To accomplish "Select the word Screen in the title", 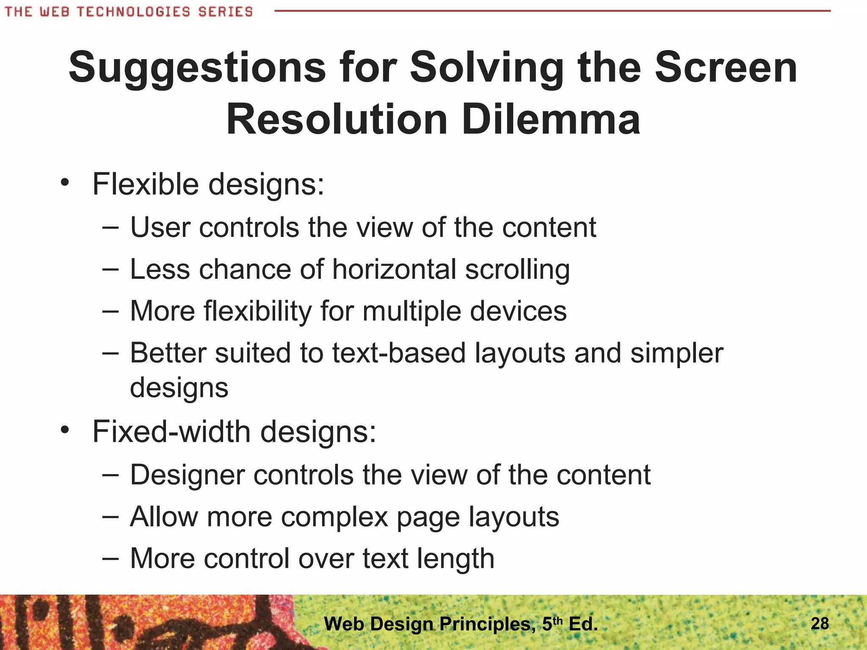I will (x=726, y=68).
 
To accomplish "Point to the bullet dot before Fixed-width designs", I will (x=64, y=430).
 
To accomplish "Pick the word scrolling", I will (x=517, y=270).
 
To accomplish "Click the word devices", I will (x=518, y=311).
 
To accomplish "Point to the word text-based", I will (x=399, y=353).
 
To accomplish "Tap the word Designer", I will (x=187, y=475).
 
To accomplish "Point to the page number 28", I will (x=820, y=623).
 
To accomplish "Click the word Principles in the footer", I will (x=487, y=624).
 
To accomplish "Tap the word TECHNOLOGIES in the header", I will (x=134, y=11).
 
